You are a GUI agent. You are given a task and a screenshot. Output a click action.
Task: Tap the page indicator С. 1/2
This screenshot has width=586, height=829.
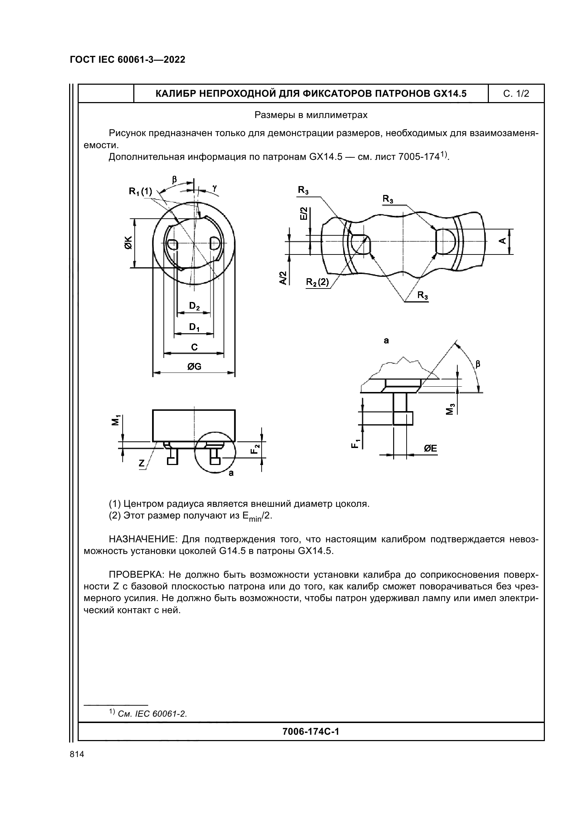point(516,94)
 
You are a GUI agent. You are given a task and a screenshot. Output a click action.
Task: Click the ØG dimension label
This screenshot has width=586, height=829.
point(194,367)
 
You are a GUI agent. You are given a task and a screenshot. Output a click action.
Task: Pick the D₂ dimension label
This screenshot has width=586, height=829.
point(194,307)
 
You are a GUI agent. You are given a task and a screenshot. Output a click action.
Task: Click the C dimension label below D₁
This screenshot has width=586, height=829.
point(194,347)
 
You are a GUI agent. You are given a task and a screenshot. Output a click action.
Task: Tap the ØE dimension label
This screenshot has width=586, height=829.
point(430,448)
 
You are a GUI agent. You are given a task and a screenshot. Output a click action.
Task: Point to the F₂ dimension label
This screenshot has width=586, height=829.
point(256,449)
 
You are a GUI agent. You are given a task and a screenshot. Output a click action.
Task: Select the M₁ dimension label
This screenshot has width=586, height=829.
point(115,421)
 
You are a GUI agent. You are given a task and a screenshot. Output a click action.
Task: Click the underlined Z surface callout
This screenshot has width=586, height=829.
point(141,464)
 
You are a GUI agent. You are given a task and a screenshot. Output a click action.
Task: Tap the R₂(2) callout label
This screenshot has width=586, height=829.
point(317,282)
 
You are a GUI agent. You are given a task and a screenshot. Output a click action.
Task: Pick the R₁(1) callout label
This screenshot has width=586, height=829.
point(140,191)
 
